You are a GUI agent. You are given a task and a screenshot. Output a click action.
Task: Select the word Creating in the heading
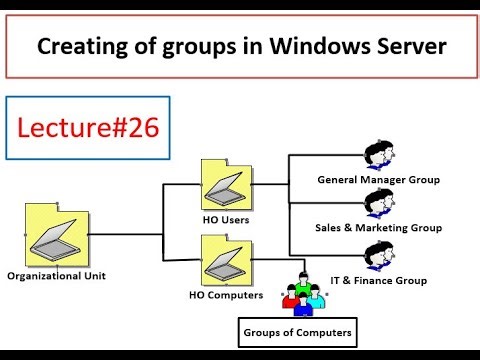(x=76, y=46)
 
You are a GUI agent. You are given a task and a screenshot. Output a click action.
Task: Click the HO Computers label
(x=226, y=295)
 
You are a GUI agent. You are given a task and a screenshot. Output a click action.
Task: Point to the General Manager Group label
(x=379, y=180)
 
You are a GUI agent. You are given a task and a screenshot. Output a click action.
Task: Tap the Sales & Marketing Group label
(x=379, y=228)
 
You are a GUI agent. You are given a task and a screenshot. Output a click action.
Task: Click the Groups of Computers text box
(x=298, y=330)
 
